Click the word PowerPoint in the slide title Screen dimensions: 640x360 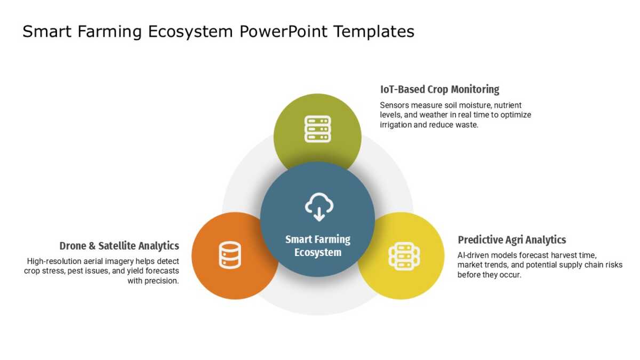coord(283,31)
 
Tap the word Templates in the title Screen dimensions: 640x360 coord(374,31)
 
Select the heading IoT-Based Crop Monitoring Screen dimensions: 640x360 coord(439,90)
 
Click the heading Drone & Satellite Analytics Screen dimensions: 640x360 coord(119,246)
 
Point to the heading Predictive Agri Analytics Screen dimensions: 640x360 coord(511,240)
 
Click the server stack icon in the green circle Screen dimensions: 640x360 coord(318,129)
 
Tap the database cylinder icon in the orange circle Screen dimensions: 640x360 coord(230,255)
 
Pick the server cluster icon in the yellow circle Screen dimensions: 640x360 coord(404,257)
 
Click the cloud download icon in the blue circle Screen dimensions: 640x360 coord(319,207)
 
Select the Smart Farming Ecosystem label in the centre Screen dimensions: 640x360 coord(318,246)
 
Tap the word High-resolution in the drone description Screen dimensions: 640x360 coord(54,261)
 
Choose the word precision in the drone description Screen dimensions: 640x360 coord(162,281)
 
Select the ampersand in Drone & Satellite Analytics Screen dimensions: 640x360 coord(92,246)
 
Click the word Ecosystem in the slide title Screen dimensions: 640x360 coord(190,32)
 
